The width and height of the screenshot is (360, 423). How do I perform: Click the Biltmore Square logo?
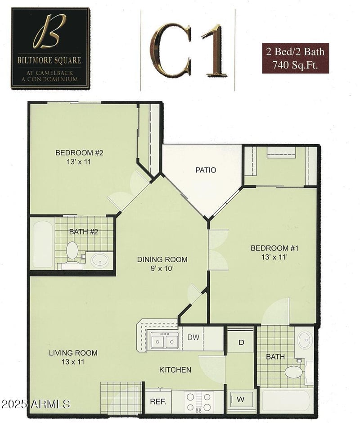tap(50, 48)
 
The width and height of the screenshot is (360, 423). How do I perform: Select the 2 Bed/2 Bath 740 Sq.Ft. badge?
tap(295, 58)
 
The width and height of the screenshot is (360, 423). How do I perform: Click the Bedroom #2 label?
tap(79, 157)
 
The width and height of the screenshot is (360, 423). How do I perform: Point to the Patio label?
tap(206, 170)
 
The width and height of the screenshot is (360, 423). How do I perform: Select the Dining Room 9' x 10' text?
tap(162, 264)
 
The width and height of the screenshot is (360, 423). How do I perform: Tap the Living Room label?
tap(73, 357)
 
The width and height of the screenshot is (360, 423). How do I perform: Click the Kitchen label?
tap(175, 370)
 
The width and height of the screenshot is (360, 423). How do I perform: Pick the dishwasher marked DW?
tap(193, 337)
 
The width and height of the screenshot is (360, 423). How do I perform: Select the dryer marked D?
tap(241, 342)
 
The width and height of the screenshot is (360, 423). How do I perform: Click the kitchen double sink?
tap(164, 341)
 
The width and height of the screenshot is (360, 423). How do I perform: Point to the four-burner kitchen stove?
tap(198, 401)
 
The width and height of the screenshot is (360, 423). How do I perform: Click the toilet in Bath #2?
tap(72, 250)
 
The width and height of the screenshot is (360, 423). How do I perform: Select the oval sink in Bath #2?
tap(99, 260)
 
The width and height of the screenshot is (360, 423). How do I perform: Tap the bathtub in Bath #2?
tap(42, 243)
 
